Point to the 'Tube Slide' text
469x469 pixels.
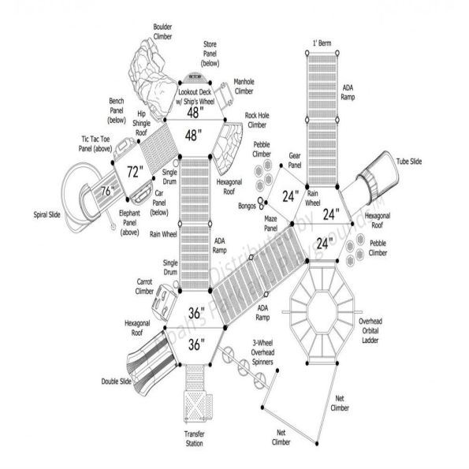pos(410,162)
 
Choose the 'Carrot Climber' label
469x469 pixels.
pos(144,286)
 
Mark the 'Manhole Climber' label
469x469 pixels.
pos(244,86)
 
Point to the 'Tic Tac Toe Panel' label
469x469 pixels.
pos(95,143)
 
